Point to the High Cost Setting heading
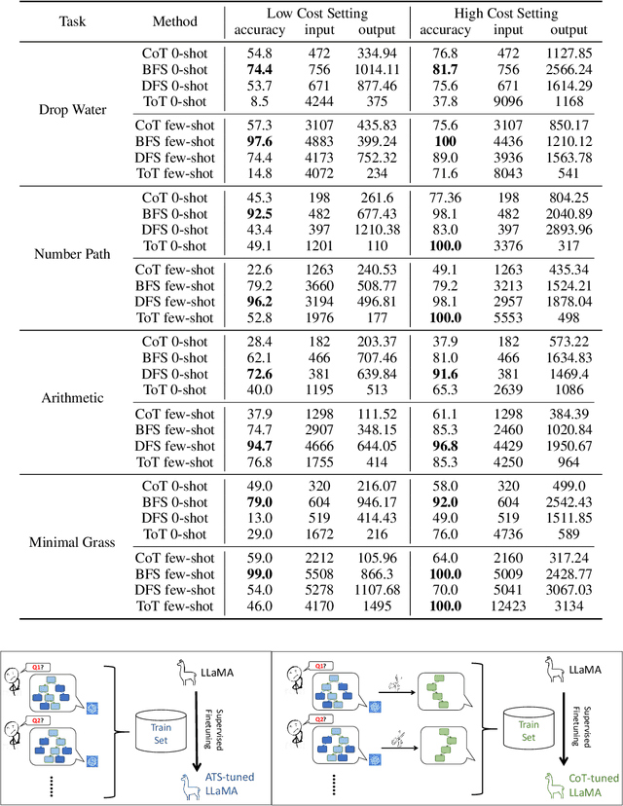pyautogui.click(x=506, y=14)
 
